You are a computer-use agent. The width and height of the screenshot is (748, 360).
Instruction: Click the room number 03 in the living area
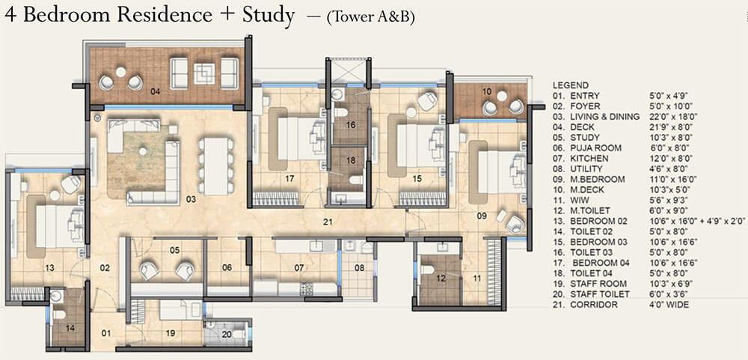[191, 200]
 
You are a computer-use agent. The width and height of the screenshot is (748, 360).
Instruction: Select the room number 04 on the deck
[155, 93]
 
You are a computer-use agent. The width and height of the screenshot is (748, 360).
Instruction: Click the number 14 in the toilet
[70, 329]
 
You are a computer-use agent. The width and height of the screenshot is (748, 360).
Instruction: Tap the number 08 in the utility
[360, 267]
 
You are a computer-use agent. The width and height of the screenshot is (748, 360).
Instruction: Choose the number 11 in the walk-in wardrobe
[476, 278]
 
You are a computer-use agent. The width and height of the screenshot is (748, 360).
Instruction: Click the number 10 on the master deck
[486, 91]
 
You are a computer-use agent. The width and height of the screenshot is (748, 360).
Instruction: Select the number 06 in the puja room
[226, 267]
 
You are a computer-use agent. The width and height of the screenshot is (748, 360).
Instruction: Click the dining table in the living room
[215, 165]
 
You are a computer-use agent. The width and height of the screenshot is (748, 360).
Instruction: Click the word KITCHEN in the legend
[590, 159]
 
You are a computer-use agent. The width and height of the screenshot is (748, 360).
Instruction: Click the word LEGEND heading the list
[570, 85]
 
